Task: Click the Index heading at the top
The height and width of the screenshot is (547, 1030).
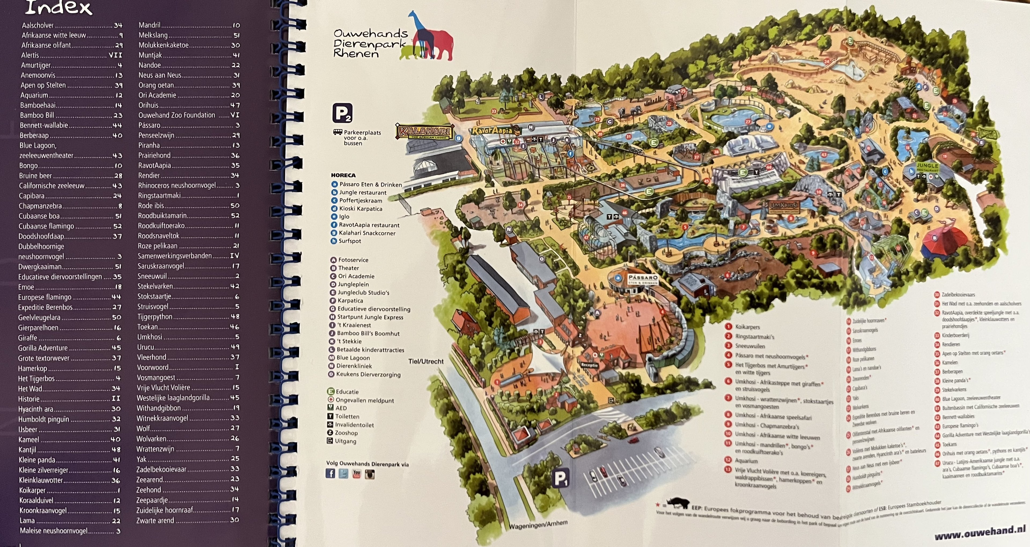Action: pyautogui.click(x=59, y=8)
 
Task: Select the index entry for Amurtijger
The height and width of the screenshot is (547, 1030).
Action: pyautogui.click(x=36, y=65)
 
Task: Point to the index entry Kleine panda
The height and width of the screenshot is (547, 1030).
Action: pyautogui.click(x=37, y=460)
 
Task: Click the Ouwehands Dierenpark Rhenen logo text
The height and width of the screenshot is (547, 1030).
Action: pyautogui.click(x=370, y=44)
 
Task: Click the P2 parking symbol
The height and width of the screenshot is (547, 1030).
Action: pyautogui.click(x=342, y=113)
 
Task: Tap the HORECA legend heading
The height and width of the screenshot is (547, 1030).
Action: pyautogui.click(x=343, y=175)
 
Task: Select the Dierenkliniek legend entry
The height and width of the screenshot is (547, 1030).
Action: pyautogui.click(x=354, y=366)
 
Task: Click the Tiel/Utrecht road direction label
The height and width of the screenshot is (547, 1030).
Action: pyautogui.click(x=426, y=361)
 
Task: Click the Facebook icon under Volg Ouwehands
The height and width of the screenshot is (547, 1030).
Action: pyautogui.click(x=330, y=474)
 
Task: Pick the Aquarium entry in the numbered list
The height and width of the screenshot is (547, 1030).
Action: pyautogui.click(x=746, y=461)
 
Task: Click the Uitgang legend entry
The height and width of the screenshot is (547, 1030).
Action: pyautogui.click(x=345, y=441)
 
